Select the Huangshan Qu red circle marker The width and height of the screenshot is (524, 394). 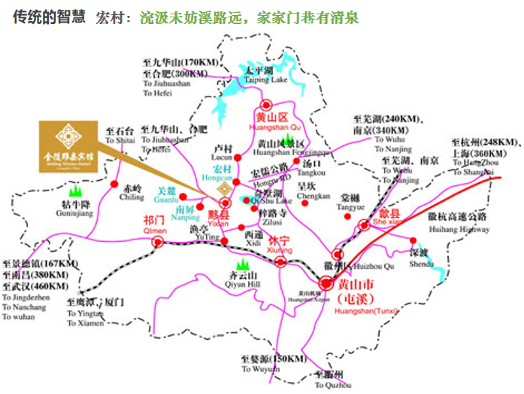click(265, 106)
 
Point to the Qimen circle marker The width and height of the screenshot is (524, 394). click(157, 241)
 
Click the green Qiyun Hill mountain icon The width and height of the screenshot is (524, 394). click(242, 264)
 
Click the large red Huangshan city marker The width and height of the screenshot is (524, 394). click(325, 283)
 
